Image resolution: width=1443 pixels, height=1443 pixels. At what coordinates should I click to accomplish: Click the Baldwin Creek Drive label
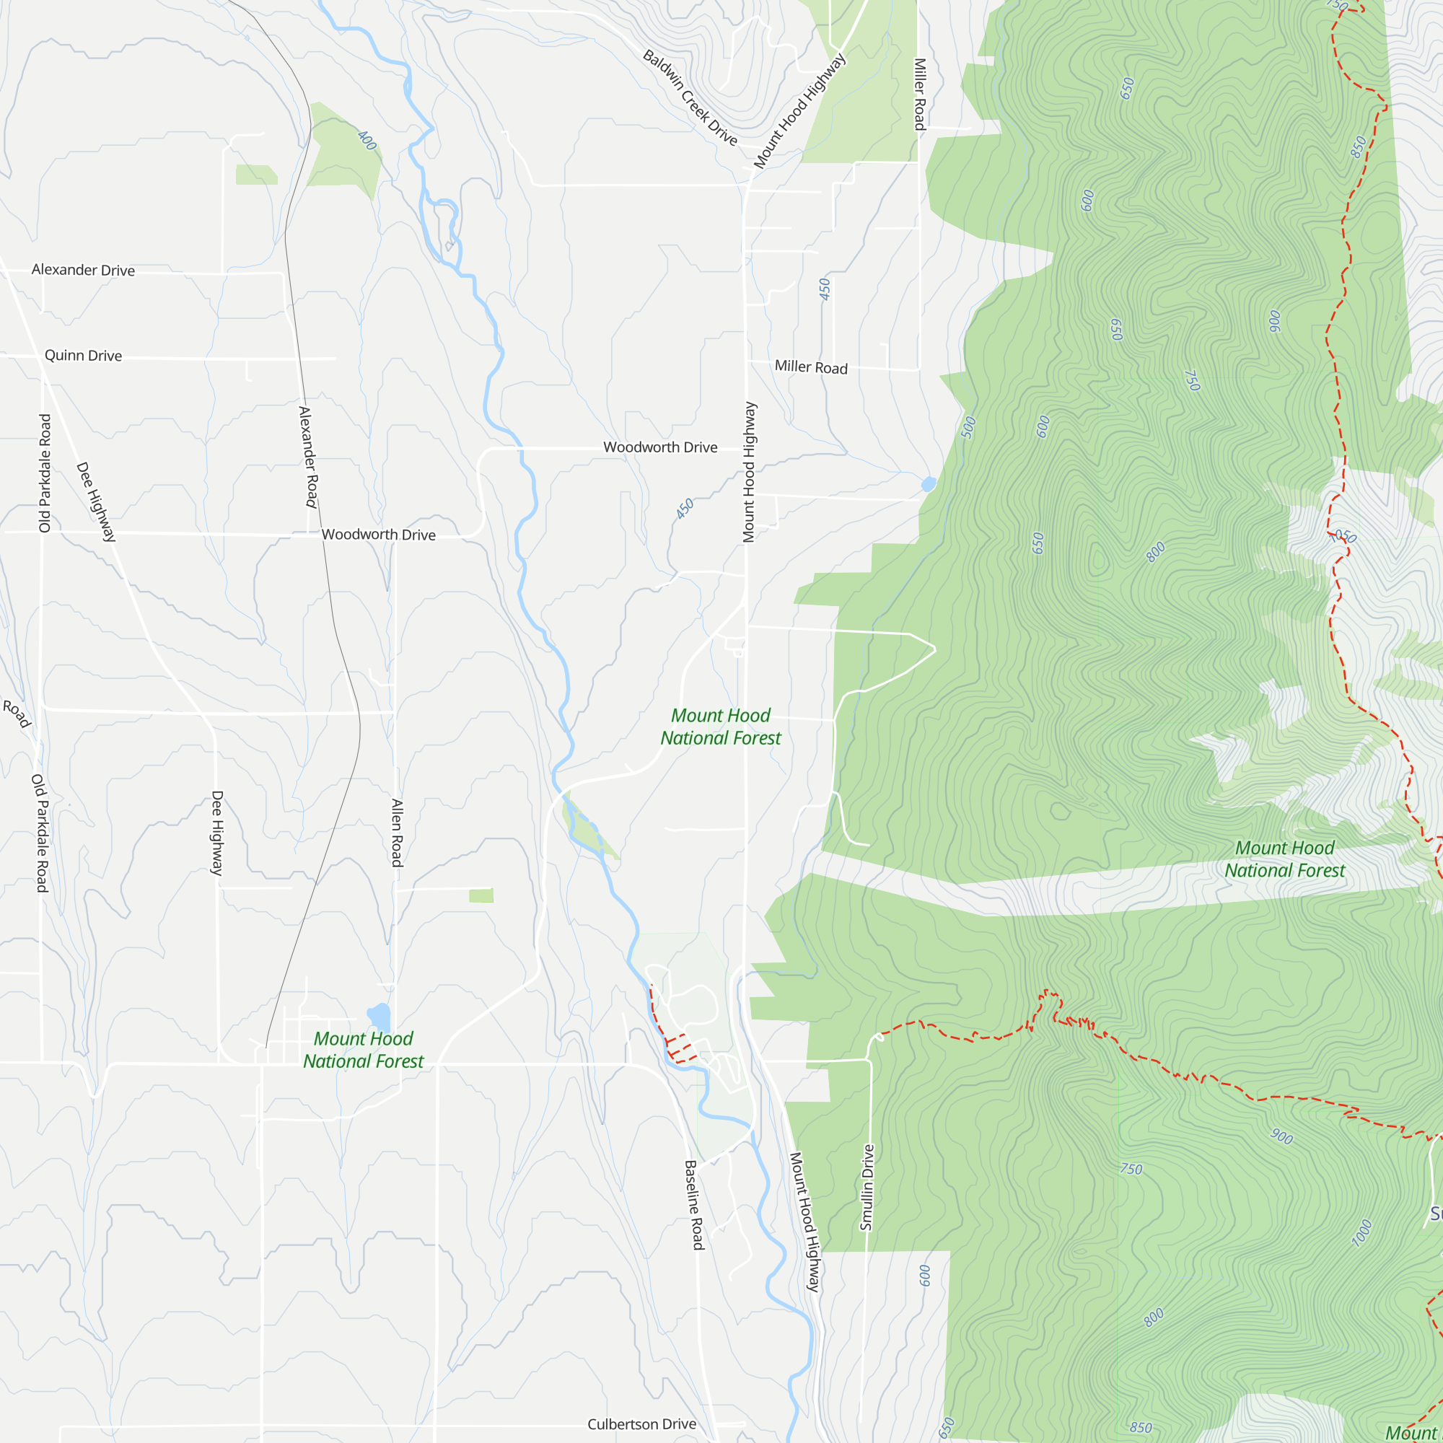(689, 98)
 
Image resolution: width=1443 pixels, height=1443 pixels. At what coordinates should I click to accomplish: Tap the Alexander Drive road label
(83, 270)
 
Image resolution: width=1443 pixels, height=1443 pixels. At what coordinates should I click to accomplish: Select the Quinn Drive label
(83, 356)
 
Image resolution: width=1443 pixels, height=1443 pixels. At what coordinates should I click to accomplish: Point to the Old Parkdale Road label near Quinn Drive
(45, 473)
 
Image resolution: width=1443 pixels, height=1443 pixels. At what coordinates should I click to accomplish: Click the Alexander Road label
(308, 457)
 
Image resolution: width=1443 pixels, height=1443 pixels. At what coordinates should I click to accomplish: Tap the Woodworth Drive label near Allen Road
(378, 535)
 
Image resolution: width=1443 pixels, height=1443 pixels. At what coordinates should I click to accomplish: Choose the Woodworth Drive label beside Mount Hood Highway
(659, 447)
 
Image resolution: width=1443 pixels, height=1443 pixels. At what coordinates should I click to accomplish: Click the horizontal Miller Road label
(810, 367)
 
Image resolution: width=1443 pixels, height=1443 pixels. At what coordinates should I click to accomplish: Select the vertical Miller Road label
(919, 94)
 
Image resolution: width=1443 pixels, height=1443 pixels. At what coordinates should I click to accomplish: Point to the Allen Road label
(397, 833)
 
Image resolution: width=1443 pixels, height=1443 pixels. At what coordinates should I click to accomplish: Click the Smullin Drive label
(866, 1187)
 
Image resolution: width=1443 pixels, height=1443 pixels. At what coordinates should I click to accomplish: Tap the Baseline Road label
(694, 1204)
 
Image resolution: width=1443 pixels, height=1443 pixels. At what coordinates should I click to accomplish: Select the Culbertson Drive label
(641, 1424)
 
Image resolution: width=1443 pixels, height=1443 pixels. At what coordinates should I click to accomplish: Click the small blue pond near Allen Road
(379, 1017)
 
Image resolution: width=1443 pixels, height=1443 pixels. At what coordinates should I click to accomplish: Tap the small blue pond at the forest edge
(929, 484)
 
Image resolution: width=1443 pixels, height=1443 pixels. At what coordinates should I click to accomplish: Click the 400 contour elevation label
(367, 140)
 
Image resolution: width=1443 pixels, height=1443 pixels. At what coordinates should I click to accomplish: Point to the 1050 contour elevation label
(1342, 536)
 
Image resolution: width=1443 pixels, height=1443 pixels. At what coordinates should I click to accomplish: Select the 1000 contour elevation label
(1361, 1232)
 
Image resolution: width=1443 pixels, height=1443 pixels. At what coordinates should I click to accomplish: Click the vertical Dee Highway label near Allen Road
(216, 833)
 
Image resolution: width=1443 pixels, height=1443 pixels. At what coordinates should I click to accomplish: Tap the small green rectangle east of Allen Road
(481, 895)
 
